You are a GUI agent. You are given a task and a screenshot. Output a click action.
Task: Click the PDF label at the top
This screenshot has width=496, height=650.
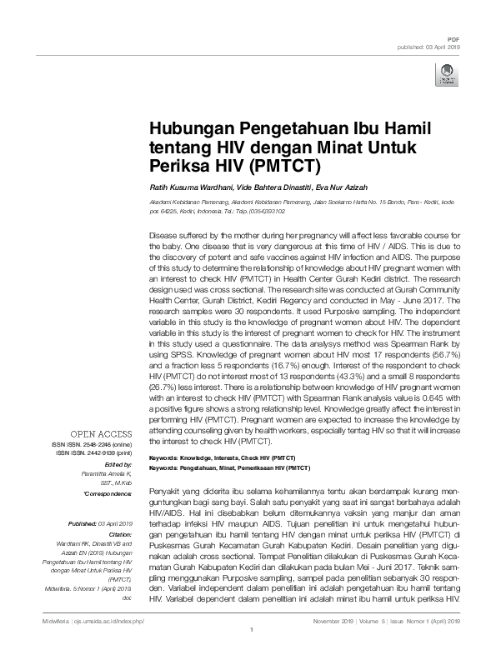click(454, 40)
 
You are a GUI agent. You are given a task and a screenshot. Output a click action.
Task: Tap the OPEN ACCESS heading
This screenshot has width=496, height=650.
click(101, 435)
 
